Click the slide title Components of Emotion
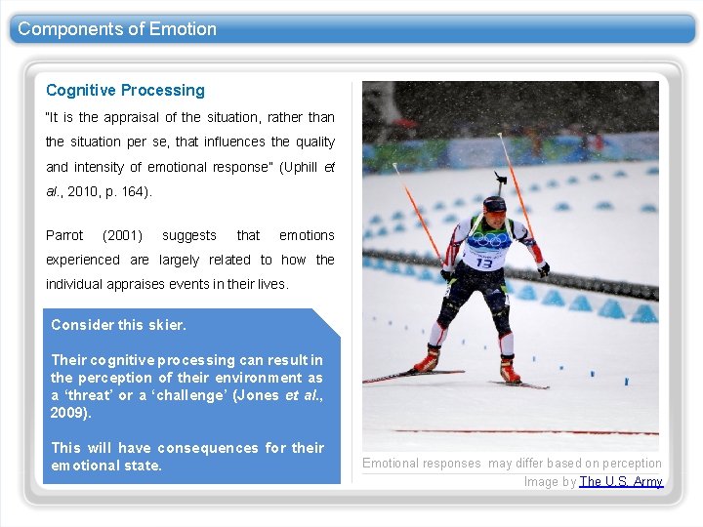117,29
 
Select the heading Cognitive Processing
125,91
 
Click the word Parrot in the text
64,235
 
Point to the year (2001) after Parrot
122,235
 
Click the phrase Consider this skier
118,325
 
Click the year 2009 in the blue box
68,413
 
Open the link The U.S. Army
621,481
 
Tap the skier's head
495,206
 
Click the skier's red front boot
427,362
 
